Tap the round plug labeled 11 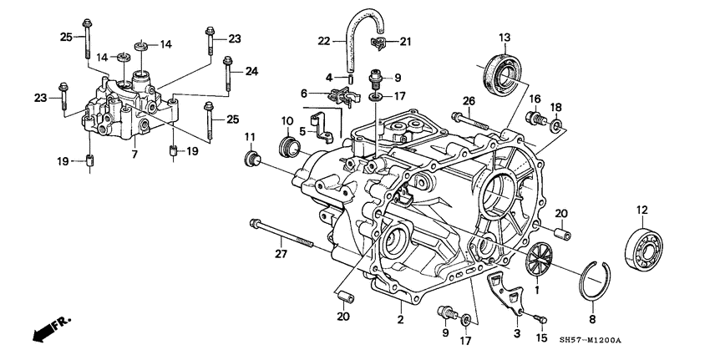point(249,160)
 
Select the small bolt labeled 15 point(540,318)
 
